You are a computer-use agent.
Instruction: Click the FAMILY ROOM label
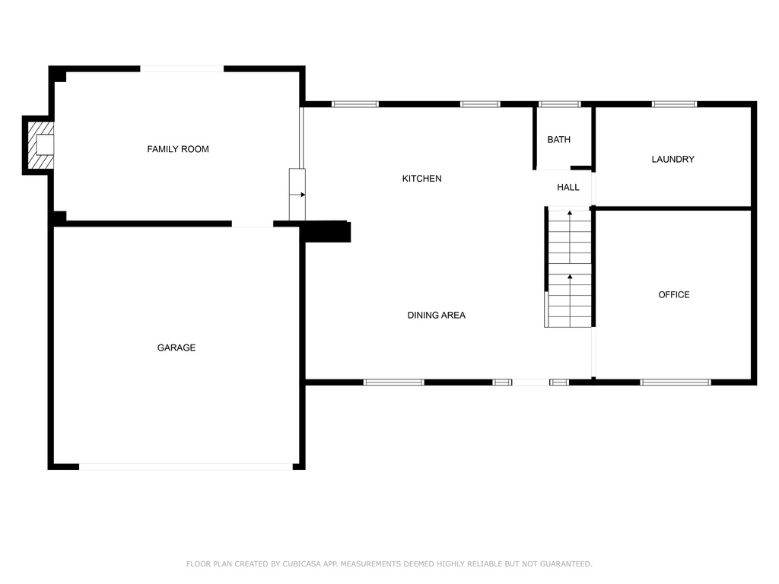(178, 149)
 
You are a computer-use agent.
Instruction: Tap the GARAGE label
(176, 348)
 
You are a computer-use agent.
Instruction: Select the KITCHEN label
(421, 178)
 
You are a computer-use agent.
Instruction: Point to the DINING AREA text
(436, 315)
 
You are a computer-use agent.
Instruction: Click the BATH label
(559, 140)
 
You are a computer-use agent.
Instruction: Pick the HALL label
(568, 187)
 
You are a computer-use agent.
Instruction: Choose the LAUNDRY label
(672, 159)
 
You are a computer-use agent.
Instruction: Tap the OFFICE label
(674, 294)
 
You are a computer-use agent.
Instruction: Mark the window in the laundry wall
(674, 104)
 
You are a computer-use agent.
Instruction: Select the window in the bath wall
(559, 104)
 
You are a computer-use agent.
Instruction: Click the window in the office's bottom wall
(676, 382)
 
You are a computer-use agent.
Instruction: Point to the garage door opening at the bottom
(186, 467)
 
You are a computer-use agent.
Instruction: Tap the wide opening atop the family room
(182, 68)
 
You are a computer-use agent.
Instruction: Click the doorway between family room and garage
(253, 224)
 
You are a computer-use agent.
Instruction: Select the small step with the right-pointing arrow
(297, 195)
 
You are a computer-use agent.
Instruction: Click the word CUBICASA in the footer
(303, 563)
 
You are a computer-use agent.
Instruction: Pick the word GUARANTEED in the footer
(566, 563)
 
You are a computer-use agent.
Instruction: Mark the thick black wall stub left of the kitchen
(326, 231)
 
